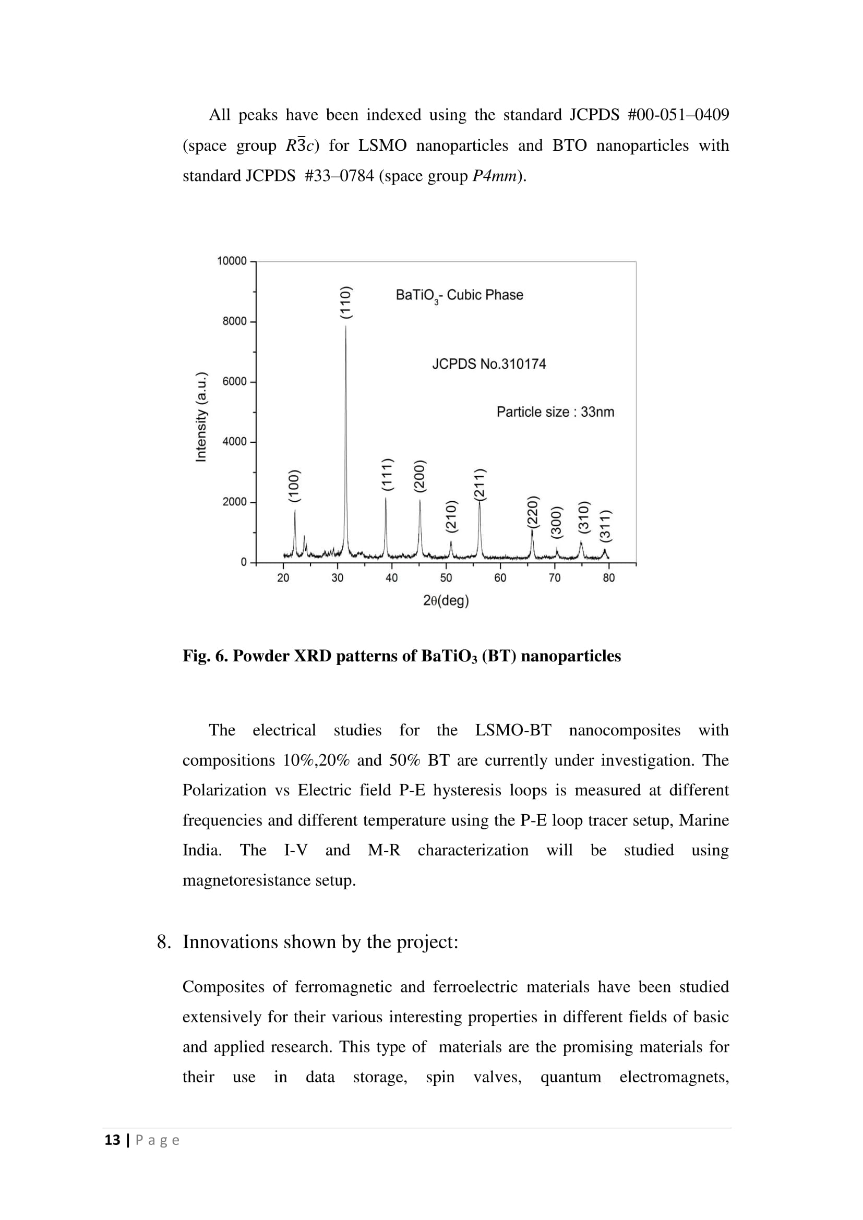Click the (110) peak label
tap(346, 303)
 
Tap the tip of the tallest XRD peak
tap(346, 326)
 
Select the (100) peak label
tap(294, 486)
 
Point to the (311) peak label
tap(606, 526)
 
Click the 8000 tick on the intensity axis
tap(234, 321)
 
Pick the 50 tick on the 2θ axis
tap(446, 578)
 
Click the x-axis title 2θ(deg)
tap(446, 601)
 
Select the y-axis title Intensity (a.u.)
tap(201, 417)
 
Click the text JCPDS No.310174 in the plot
tap(489, 364)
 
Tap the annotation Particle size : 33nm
tap(555, 412)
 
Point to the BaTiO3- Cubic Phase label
tap(459, 295)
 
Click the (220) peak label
tap(533, 512)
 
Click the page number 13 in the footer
tap(113, 1140)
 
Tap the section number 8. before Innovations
tap(164, 942)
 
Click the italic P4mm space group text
tap(494, 176)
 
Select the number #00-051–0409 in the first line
tap(678, 115)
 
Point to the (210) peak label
tap(451, 516)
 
